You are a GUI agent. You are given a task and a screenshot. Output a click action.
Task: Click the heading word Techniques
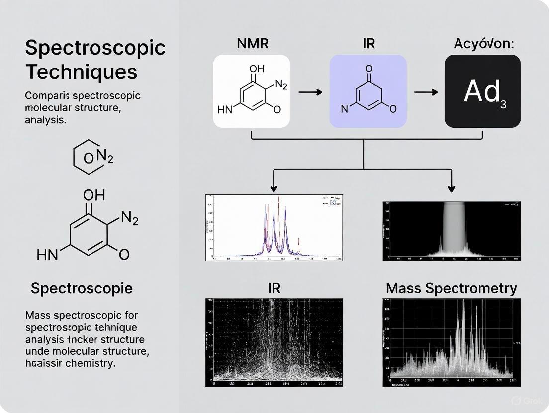[x=81, y=72]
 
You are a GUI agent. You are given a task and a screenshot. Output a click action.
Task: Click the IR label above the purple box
[x=368, y=43]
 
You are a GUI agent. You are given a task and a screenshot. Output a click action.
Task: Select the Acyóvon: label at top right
[x=484, y=43]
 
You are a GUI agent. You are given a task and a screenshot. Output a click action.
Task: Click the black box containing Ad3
[x=482, y=91]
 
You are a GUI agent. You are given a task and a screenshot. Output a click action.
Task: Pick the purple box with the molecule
[x=368, y=91]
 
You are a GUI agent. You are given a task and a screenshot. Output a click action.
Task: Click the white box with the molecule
[x=252, y=91]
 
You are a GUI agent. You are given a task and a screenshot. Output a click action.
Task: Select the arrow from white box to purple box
[x=309, y=92]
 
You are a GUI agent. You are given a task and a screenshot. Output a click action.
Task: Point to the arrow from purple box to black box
[x=426, y=92]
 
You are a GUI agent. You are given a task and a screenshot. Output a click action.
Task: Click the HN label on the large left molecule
[x=47, y=255]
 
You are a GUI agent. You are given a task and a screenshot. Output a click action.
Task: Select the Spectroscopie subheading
[x=82, y=288]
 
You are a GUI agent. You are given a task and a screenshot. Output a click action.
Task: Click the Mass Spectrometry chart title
[x=451, y=288]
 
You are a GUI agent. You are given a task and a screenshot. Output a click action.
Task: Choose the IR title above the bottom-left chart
[x=274, y=288]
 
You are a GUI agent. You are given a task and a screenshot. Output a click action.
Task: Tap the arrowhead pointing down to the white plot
[x=274, y=189]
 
